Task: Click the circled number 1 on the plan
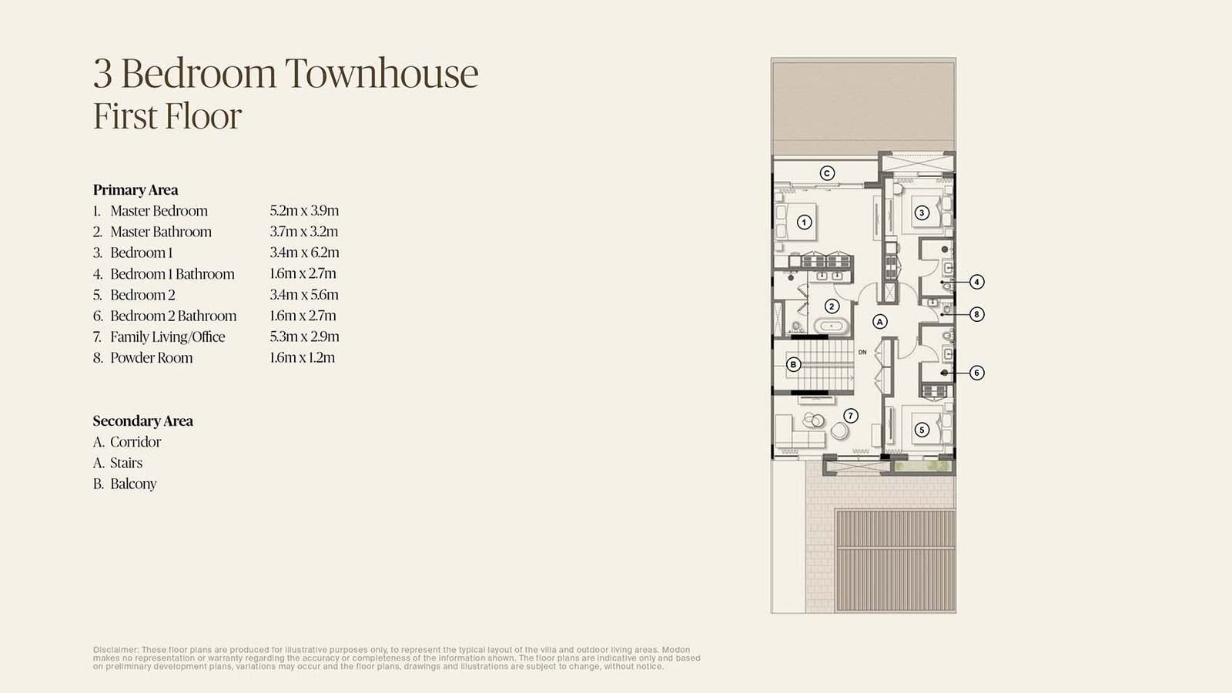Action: [x=804, y=223]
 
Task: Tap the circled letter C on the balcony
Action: [x=827, y=173]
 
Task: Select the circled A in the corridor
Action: [x=880, y=322]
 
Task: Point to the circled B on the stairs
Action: [x=793, y=364]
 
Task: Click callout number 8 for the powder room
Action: [x=977, y=314]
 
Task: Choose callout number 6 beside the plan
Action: [x=977, y=373]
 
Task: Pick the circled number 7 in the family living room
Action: [x=851, y=416]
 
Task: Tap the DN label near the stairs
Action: [x=862, y=353]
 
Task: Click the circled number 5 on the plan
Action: [x=922, y=430]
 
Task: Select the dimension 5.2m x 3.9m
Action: [x=304, y=211]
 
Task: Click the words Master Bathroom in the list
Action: [x=161, y=232]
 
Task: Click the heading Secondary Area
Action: [x=143, y=420]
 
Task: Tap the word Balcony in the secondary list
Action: [x=133, y=484]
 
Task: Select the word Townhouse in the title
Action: [x=382, y=73]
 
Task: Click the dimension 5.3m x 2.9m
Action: [x=304, y=336]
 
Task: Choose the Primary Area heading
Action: [x=136, y=189]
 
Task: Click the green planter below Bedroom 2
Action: [x=923, y=467]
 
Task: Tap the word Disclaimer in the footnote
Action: [x=115, y=650]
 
